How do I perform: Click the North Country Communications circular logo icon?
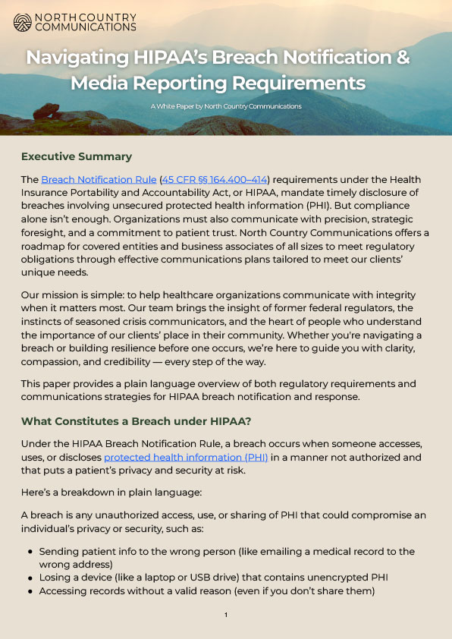[x=22, y=22]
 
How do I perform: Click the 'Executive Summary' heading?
[x=77, y=157]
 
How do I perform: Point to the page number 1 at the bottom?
[x=226, y=615]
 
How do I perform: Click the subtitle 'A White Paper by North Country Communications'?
[x=226, y=106]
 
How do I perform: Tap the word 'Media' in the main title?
[x=101, y=82]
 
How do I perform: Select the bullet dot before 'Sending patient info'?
[x=30, y=552]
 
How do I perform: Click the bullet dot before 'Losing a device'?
[x=30, y=578]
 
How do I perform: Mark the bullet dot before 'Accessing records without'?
[x=30, y=590]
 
